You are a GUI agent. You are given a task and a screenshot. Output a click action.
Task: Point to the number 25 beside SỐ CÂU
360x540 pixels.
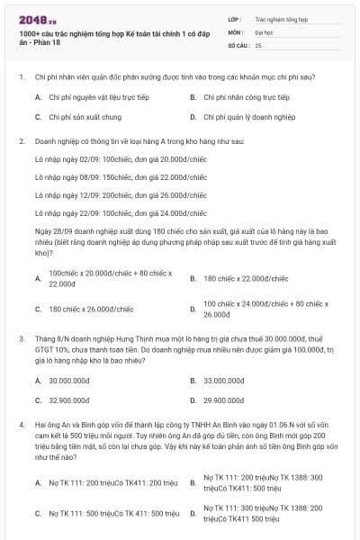click(x=258, y=44)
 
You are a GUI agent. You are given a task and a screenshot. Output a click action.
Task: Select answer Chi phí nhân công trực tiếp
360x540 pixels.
click(x=246, y=97)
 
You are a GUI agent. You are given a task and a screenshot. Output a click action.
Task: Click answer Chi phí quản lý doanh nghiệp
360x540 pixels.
click(x=248, y=117)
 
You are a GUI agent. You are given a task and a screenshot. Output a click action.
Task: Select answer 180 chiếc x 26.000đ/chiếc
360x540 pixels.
click(x=91, y=309)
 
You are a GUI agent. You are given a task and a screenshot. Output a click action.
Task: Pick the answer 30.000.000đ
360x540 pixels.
click(x=68, y=380)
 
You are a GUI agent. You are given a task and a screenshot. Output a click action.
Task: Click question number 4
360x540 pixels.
click(x=21, y=421)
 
